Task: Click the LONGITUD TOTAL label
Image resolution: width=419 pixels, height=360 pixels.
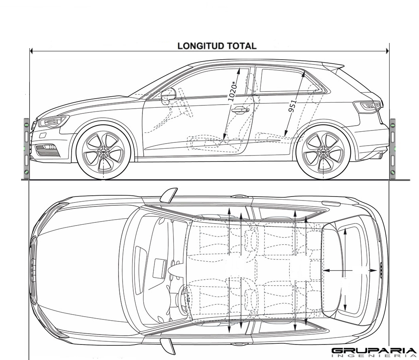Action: [x=217, y=46]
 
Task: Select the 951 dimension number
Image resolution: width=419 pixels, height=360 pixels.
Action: [x=293, y=106]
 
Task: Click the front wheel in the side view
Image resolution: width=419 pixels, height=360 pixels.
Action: [x=103, y=152]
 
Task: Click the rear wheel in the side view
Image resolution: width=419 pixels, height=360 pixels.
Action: [x=323, y=152]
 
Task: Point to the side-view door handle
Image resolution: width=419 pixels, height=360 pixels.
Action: [x=240, y=110]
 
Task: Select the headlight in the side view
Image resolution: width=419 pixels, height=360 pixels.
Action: [x=53, y=121]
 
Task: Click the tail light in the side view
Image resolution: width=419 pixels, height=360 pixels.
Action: [x=370, y=106]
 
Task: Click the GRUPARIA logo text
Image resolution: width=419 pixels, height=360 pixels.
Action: [x=373, y=351]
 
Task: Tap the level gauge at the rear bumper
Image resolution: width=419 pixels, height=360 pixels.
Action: [x=393, y=148]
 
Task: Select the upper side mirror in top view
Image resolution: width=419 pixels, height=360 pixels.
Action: [x=169, y=195]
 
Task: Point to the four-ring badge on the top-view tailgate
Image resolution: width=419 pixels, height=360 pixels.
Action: [x=380, y=270]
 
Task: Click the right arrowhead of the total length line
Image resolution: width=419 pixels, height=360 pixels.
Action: [x=387, y=51]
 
